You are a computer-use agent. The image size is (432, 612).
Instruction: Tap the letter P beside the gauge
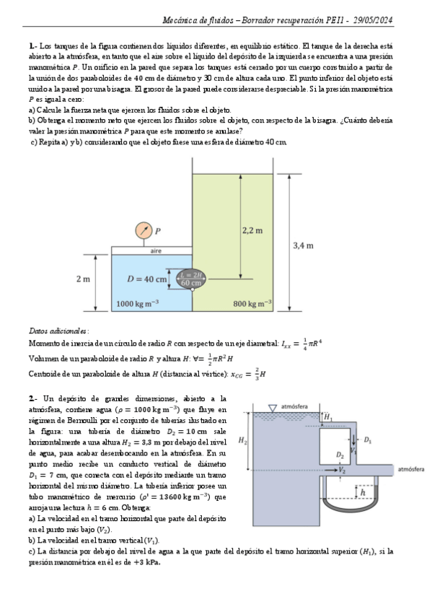tap(158, 231)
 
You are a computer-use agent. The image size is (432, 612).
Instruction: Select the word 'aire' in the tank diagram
tap(156, 251)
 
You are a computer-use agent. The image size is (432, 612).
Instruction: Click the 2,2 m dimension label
tap(252, 230)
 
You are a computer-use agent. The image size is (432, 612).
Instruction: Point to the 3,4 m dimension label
tap(304, 245)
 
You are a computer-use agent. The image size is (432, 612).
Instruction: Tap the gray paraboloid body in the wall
tap(190, 279)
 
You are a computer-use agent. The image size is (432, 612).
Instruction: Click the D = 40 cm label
tap(147, 279)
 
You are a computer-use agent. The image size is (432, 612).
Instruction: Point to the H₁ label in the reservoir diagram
tap(328, 416)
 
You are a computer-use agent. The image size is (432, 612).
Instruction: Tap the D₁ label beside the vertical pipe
tap(368, 438)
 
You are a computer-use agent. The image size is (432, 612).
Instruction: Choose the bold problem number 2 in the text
tap(32, 398)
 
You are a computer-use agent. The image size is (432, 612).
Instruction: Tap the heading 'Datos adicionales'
tap(58, 329)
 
